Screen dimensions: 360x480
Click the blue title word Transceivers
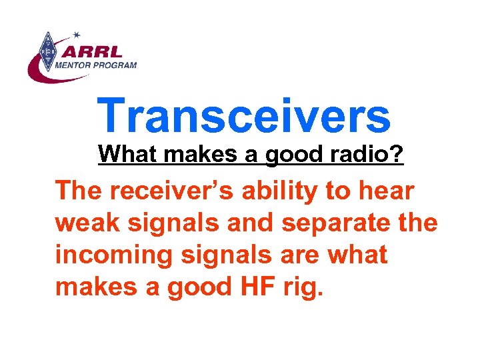243,115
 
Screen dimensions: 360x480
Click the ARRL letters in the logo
94,51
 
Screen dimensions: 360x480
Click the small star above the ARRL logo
77,34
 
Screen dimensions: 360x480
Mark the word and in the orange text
249,223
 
